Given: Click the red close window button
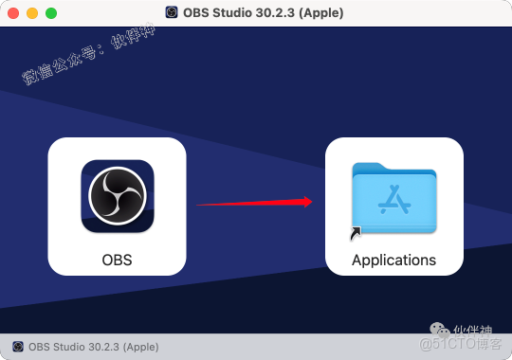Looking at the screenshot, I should (13, 13).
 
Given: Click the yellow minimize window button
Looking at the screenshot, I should (32, 13).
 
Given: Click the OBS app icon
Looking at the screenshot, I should (118, 197).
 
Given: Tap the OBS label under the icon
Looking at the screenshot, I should (118, 259).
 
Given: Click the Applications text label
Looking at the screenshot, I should (393, 260).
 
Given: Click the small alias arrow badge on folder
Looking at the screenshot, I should (356, 232).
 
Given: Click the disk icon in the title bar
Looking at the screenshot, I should (172, 13).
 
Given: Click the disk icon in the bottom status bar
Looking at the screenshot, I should (17, 347).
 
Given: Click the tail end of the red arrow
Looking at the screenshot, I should (199, 204).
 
